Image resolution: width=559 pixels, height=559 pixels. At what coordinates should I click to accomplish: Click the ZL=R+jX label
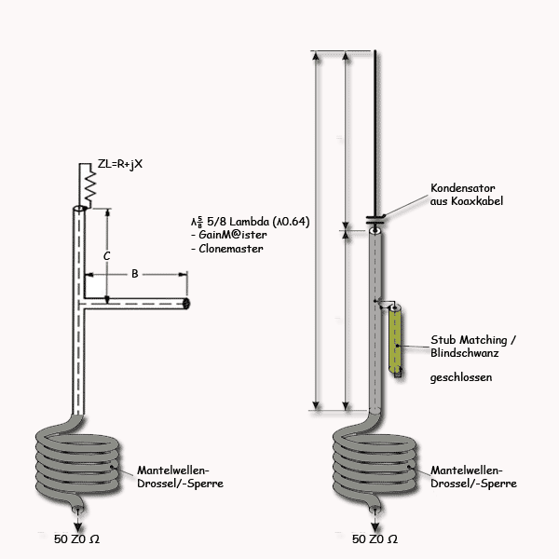pyautogui.click(x=120, y=164)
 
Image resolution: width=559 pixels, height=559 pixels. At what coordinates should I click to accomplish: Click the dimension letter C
pyautogui.click(x=106, y=256)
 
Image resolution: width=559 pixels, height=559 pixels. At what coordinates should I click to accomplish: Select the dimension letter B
pyautogui.click(x=135, y=274)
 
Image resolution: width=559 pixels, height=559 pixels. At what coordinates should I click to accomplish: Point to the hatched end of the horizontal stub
pyautogui.click(x=186, y=304)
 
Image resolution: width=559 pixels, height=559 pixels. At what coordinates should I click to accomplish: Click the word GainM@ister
pyautogui.click(x=233, y=235)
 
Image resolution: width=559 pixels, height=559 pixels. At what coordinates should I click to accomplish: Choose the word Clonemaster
pyautogui.click(x=231, y=249)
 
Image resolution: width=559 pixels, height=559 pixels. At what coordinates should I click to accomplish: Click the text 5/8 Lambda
pyautogui.click(x=239, y=222)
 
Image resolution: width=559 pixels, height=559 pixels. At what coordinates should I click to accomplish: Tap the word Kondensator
pyautogui.click(x=463, y=188)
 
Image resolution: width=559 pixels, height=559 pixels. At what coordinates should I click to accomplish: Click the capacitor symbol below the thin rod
pyautogui.click(x=375, y=219)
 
